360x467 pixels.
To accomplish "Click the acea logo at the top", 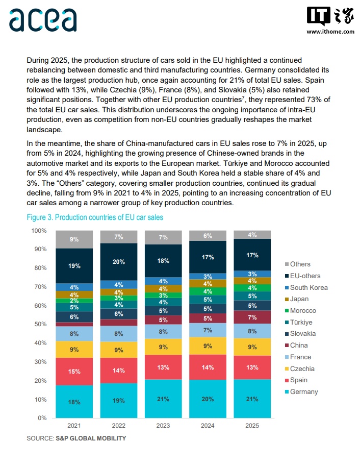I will tap(43, 20).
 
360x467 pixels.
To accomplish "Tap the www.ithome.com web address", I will tap(330, 32).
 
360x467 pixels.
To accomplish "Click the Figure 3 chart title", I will tap(95, 217).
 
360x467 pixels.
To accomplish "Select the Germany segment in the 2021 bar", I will tap(74, 402).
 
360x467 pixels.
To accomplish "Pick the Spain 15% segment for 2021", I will tap(74, 371).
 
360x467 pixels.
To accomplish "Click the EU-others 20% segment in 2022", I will tap(119, 261).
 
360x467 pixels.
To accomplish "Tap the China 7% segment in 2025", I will tap(252, 317).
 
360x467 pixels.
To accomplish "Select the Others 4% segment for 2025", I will tap(252, 235).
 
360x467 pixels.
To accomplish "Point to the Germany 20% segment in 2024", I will tap(208, 399).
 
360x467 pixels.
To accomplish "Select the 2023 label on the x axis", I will tap(163, 426).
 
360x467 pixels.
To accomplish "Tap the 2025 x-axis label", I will tap(252, 426).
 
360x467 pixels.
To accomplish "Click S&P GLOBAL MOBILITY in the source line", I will tap(91, 438).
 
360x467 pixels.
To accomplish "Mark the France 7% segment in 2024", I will tap(208, 330).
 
